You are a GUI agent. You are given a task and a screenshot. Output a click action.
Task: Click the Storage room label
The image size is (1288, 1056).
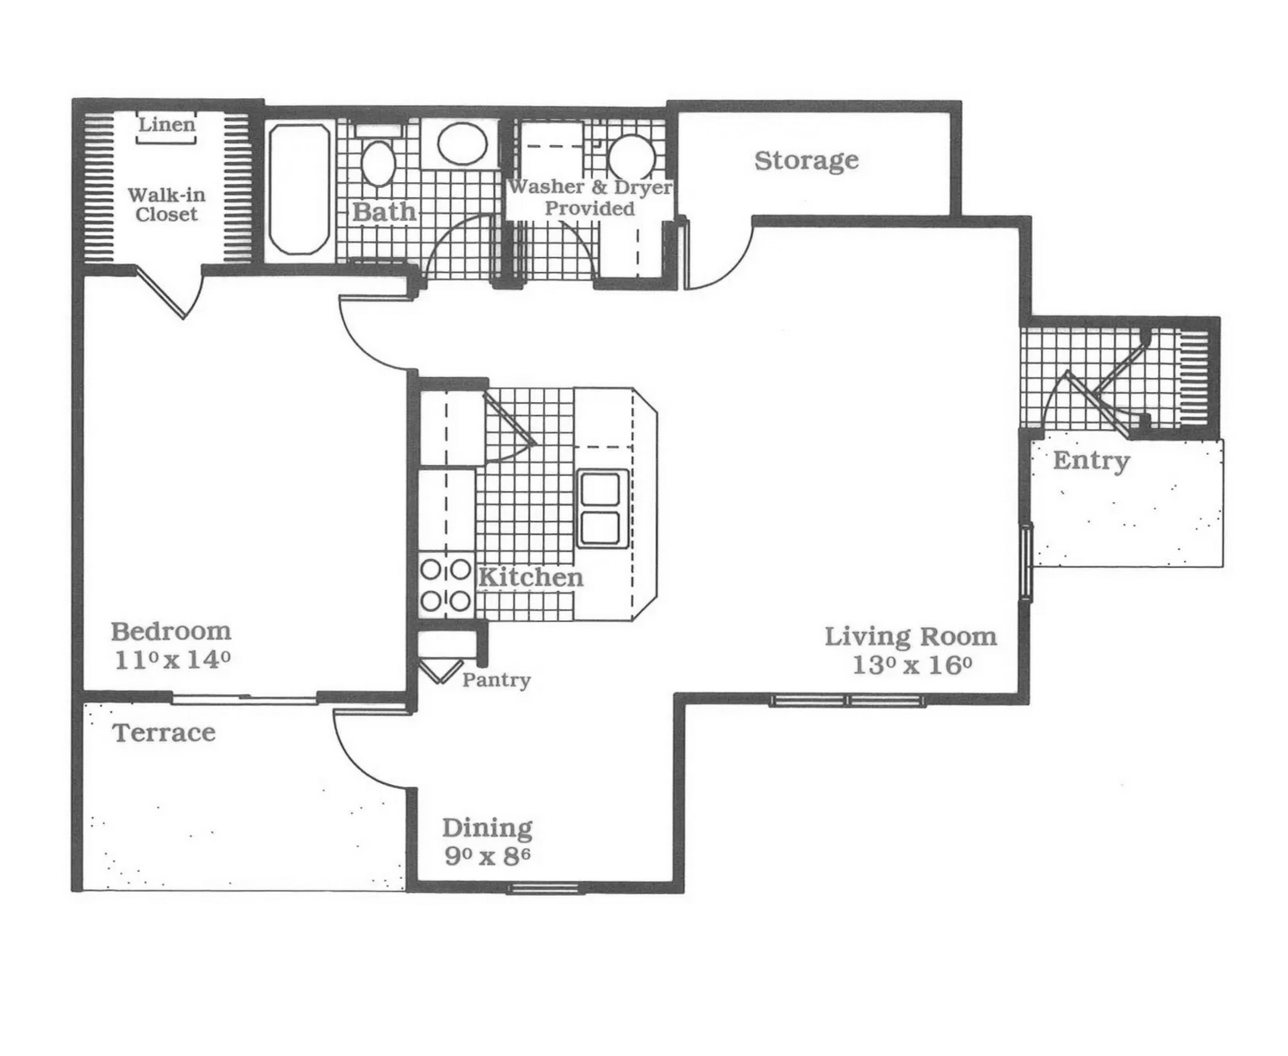tap(806, 160)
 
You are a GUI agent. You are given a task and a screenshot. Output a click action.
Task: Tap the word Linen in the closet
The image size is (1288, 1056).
tap(167, 124)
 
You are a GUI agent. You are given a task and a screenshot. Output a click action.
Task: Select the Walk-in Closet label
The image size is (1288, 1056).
tap(166, 205)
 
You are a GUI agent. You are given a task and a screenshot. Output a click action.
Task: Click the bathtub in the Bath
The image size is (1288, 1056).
tap(299, 189)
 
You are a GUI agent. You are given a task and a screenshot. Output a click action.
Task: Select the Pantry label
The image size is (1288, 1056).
tap(496, 681)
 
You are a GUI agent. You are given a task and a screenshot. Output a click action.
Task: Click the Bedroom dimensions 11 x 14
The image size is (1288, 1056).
tap(173, 661)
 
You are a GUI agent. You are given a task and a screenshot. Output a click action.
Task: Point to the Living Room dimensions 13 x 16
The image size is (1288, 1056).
tap(912, 665)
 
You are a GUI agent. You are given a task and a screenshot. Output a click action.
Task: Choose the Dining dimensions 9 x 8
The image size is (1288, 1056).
tap(487, 855)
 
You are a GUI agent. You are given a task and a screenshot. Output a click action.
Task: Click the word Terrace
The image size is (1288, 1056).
tap(165, 732)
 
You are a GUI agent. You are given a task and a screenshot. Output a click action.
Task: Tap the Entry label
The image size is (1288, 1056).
tap(1092, 461)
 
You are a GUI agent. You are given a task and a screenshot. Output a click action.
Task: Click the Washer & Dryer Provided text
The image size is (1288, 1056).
tap(590, 197)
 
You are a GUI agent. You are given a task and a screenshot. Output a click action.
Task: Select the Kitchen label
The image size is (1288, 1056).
tap(530, 578)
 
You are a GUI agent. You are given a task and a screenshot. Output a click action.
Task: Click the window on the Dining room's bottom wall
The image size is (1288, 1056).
tap(543, 889)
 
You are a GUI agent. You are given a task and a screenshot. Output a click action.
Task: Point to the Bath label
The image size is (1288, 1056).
tap(385, 212)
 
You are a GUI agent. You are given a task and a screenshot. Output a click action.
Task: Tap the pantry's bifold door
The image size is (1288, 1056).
tap(440, 672)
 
